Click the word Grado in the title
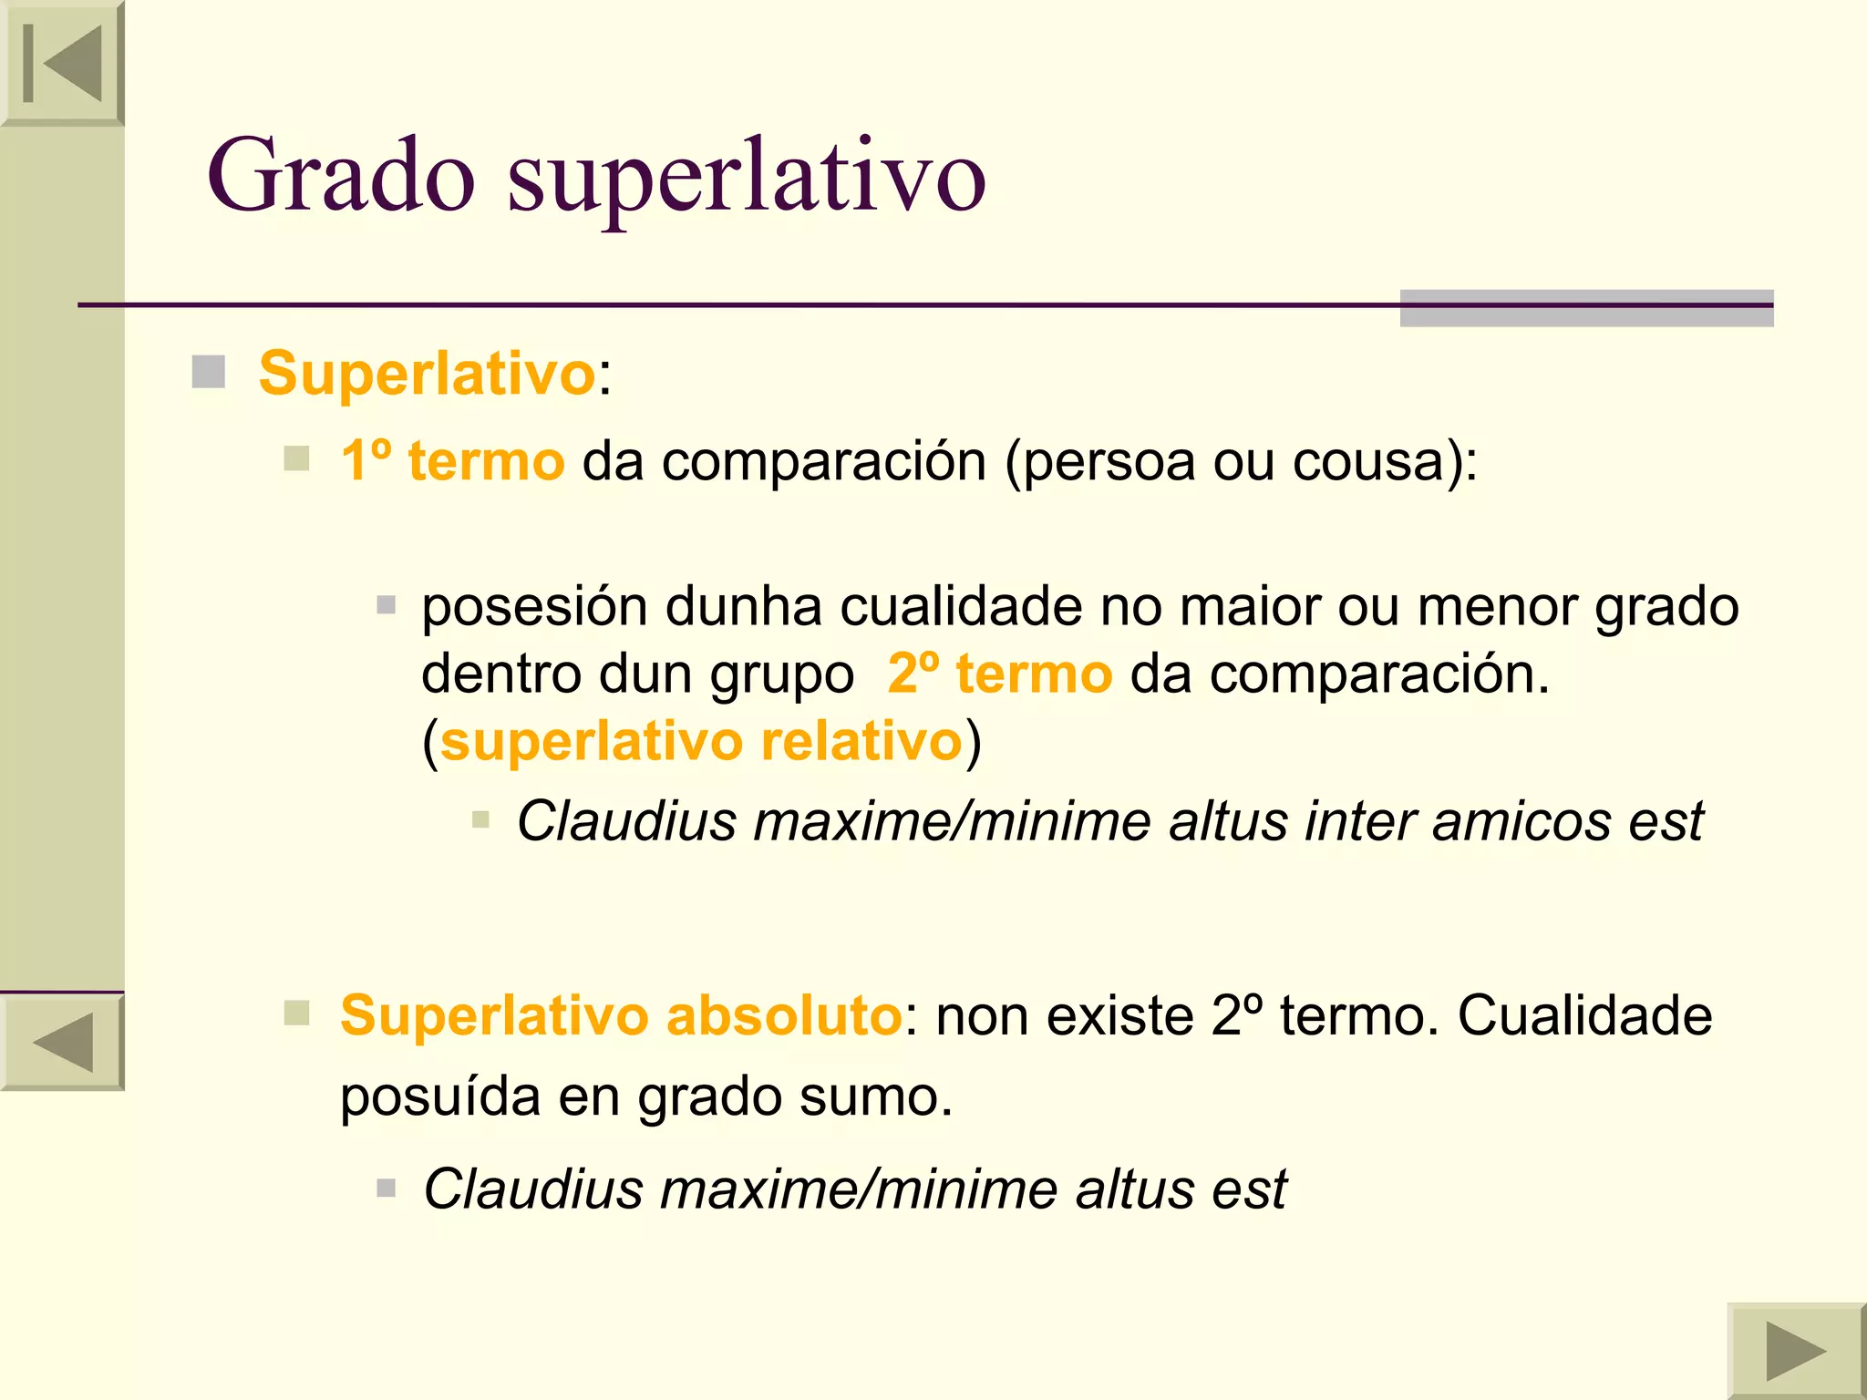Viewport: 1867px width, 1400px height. point(341,175)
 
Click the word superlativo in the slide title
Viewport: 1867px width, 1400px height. point(746,178)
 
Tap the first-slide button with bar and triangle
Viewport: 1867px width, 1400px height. point(62,63)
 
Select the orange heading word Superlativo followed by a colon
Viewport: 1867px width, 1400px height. point(427,374)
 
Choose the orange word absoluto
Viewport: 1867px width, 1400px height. point(784,1015)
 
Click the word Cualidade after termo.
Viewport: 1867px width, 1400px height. point(1584,1015)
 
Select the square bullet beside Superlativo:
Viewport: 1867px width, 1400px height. point(209,372)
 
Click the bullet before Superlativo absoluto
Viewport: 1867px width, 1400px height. point(296,1013)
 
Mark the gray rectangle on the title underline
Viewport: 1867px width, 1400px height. point(1586,308)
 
